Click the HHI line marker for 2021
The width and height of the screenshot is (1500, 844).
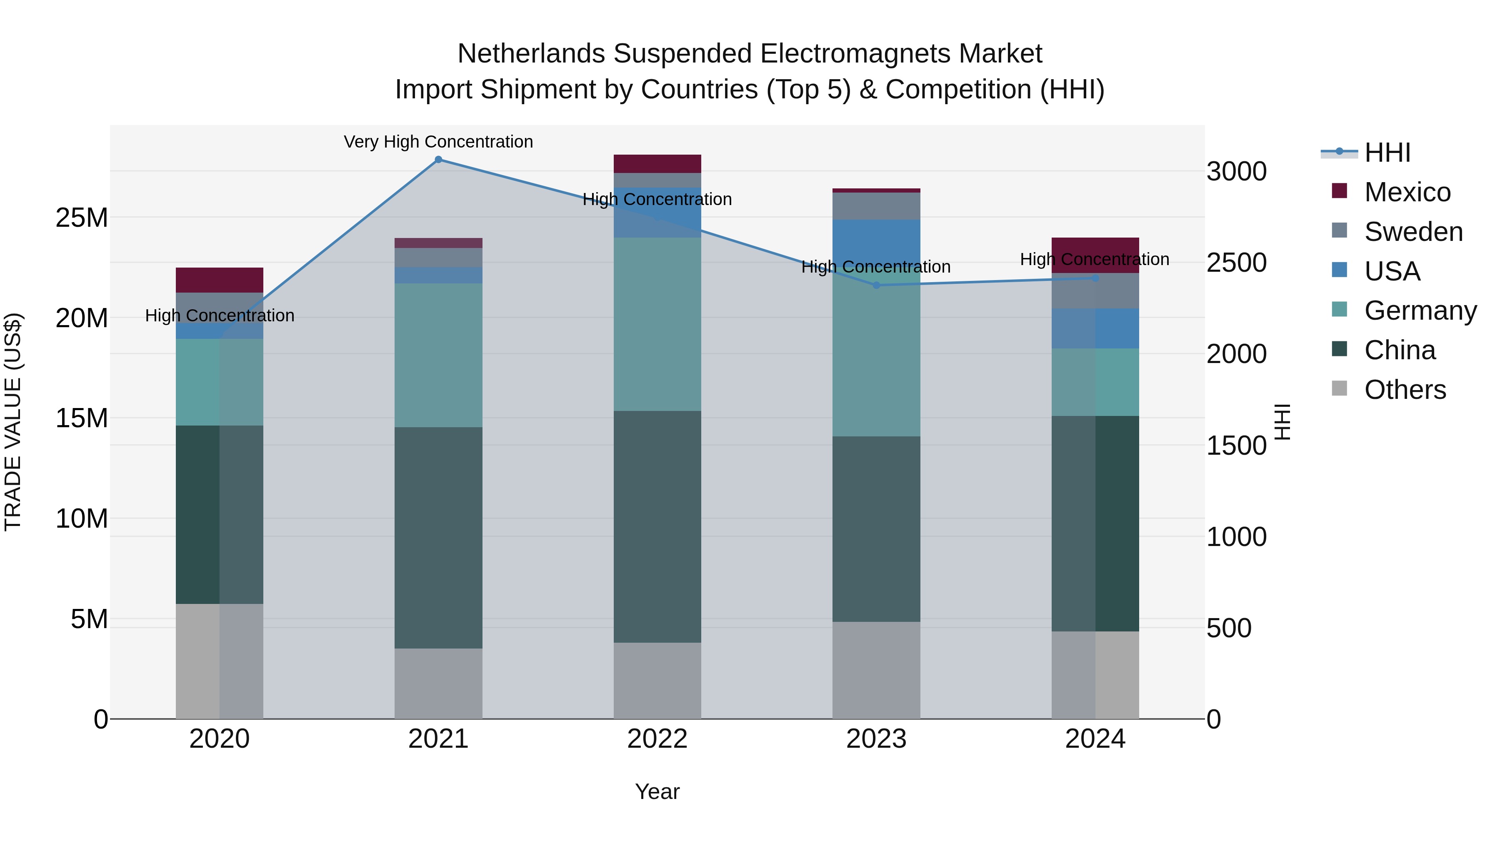click(x=438, y=160)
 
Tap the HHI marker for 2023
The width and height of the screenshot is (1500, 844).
click(x=876, y=285)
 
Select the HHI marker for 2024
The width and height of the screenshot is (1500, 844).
click(x=1095, y=278)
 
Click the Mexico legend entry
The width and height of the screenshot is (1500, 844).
click(x=1407, y=192)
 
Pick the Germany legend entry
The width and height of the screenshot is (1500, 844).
click(x=1420, y=311)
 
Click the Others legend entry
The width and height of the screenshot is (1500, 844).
click(x=1405, y=390)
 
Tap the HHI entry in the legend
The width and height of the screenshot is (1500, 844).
click(x=1387, y=153)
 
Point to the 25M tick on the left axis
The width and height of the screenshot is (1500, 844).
click(x=82, y=218)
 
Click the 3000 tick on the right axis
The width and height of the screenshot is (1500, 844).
click(x=1236, y=172)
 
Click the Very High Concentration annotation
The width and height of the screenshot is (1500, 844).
click(x=438, y=142)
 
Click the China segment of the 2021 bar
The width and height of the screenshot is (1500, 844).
click(x=438, y=537)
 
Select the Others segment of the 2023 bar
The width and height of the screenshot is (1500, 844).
click(x=876, y=670)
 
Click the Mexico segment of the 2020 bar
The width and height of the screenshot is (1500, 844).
click(x=220, y=280)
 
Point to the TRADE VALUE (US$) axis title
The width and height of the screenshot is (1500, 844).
click(x=13, y=422)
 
